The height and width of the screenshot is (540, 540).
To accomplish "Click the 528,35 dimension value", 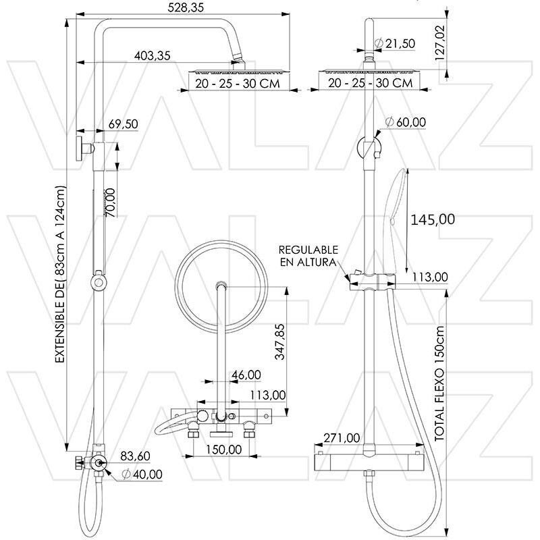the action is pyautogui.click(x=186, y=7).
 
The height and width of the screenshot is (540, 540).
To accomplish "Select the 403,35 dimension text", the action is pyautogui.click(x=153, y=55).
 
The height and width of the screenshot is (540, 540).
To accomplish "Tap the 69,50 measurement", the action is pyautogui.click(x=123, y=124).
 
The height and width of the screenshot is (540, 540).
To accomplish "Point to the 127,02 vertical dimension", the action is pyautogui.click(x=440, y=43).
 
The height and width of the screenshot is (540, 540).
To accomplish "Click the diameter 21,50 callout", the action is pyautogui.click(x=394, y=43).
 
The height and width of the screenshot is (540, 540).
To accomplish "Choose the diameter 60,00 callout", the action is pyautogui.click(x=406, y=122).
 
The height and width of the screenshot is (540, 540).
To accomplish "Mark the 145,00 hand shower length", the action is pyautogui.click(x=433, y=219).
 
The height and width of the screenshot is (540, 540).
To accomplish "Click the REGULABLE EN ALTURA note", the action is pyautogui.click(x=308, y=256).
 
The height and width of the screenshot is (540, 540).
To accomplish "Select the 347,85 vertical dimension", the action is pyautogui.click(x=280, y=342).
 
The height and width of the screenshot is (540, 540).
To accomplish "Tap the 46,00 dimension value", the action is pyautogui.click(x=246, y=375).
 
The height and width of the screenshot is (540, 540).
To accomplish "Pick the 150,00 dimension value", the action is pyautogui.click(x=224, y=450).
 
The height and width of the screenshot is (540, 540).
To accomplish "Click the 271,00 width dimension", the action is pyautogui.click(x=342, y=438).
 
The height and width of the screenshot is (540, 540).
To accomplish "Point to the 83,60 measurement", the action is pyautogui.click(x=135, y=456).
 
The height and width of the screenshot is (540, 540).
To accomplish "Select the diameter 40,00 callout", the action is pyautogui.click(x=142, y=475).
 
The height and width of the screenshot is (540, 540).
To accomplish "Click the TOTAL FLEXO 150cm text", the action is pyautogui.click(x=440, y=384).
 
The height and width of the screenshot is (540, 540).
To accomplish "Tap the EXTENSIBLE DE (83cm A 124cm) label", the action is pyautogui.click(x=60, y=274).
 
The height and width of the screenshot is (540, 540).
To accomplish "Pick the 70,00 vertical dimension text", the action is pyautogui.click(x=110, y=202).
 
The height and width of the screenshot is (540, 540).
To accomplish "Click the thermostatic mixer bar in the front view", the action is pyautogui.click(x=369, y=462).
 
